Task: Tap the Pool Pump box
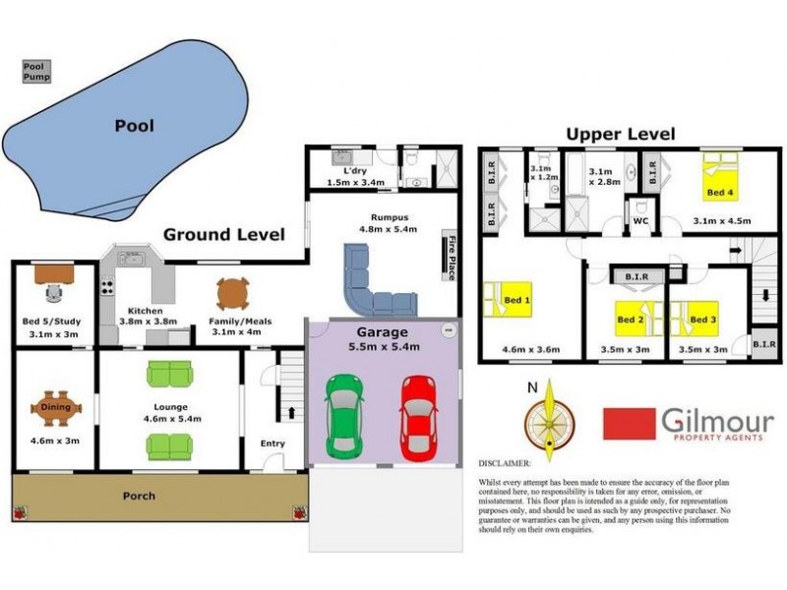[x=36, y=71]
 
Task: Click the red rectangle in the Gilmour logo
[x=629, y=424]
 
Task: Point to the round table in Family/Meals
[x=232, y=293]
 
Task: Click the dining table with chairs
[x=56, y=406]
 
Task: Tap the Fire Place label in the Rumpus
[x=452, y=259]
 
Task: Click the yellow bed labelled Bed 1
[x=508, y=299]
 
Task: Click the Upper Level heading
[x=620, y=134]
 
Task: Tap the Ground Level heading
[x=223, y=234]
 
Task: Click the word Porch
[x=139, y=496]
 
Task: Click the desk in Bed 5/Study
[x=55, y=274]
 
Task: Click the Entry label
[x=272, y=443]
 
